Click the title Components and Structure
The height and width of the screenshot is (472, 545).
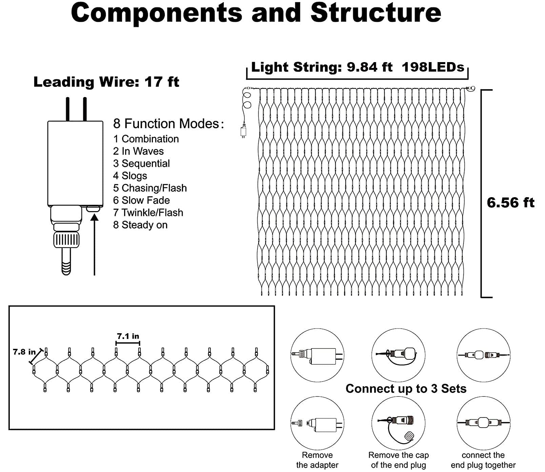click(x=256, y=13)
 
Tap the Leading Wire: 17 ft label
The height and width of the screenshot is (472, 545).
click(x=106, y=82)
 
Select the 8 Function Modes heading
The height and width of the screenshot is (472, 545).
click(x=168, y=124)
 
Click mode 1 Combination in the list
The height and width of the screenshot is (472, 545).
click(x=146, y=139)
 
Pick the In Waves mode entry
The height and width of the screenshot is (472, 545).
click(x=138, y=151)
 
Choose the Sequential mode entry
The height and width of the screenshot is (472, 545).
click(x=141, y=163)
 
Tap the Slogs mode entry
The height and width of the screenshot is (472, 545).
click(x=130, y=176)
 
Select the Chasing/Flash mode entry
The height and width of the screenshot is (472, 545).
click(x=150, y=188)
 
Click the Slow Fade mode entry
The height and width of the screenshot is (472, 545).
click(x=141, y=200)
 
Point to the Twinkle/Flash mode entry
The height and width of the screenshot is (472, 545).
click(x=148, y=212)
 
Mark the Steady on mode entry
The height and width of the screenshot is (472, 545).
click(x=140, y=225)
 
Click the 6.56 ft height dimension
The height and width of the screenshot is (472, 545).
click(x=510, y=203)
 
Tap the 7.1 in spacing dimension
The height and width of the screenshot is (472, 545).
click(x=128, y=336)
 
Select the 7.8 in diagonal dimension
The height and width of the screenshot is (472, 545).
click(x=24, y=352)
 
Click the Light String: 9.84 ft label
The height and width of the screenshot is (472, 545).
click(x=322, y=67)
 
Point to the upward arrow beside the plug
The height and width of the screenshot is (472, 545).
click(x=95, y=244)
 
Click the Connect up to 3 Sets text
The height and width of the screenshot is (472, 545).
click(x=406, y=389)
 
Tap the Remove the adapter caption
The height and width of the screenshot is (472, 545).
click(x=317, y=460)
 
